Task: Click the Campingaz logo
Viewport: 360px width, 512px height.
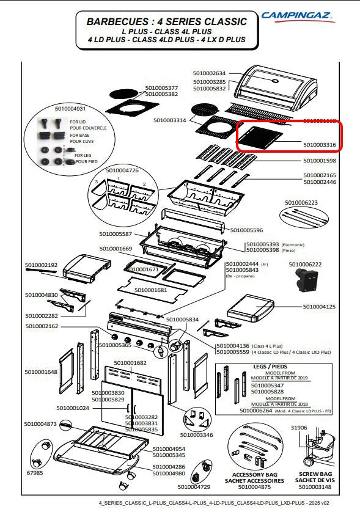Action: [x=298, y=16]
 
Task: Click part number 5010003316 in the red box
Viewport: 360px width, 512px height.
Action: [x=320, y=145]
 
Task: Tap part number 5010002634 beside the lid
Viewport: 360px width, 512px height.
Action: [x=209, y=73]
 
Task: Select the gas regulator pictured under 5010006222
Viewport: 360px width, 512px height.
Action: [x=306, y=280]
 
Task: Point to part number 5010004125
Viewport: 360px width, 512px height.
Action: [x=319, y=307]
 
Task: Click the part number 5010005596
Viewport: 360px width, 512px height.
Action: [x=246, y=230]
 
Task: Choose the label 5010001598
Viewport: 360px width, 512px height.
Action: [x=320, y=161]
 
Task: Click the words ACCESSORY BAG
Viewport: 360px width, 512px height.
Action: [x=254, y=475]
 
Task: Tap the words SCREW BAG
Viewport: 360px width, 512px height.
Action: [x=315, y=474]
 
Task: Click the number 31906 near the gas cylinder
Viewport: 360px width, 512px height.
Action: [x=299, y=428]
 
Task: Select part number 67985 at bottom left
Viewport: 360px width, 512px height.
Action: [x=35, y=472]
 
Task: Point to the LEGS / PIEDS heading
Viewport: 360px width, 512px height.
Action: [x=270, y=367]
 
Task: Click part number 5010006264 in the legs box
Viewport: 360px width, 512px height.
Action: [x=255, y=411]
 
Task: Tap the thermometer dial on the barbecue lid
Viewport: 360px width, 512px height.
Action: [x=276, y=81]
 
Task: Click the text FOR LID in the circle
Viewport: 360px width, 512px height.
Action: [x=78, y=122]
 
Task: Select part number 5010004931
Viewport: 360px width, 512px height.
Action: [x=70, y=108]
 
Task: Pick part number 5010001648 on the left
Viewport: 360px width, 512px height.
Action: [x=41, y=372]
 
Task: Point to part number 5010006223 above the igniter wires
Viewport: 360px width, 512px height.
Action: [x=301, y=202]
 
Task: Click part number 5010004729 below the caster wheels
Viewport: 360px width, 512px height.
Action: [x=194, y=487]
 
